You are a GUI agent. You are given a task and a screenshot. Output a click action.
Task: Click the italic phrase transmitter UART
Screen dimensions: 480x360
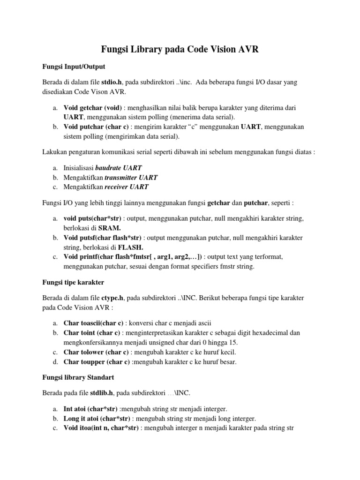click(131, 177)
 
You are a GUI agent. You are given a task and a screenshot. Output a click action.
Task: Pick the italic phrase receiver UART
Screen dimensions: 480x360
click(126, 187)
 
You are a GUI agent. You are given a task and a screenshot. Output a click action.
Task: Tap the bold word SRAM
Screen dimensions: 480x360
click(109, 227)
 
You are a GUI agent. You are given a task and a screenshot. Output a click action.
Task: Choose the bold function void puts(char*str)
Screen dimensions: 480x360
click(93, 218)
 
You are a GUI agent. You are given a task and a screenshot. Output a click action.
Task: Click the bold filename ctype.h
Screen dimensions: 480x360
click(112, 298)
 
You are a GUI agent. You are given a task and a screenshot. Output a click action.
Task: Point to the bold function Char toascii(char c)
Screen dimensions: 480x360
click(94, 323)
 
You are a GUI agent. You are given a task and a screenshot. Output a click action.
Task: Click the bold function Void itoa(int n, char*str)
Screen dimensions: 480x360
click(101, 428)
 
